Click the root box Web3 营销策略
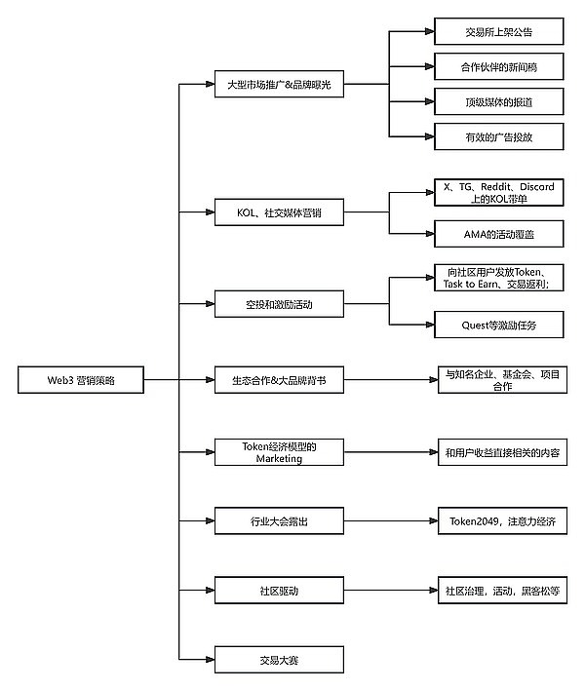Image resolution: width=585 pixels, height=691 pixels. (x=81, y=380)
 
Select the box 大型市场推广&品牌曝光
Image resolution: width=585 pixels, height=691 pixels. (x=279, y=85)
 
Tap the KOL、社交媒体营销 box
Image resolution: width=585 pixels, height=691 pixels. (x=279, y=212)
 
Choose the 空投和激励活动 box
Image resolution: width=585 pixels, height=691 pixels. (x=279, y=304)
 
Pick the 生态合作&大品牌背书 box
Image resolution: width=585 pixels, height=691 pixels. (x=279, y=380)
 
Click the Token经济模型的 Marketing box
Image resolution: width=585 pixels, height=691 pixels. (x=279, y=451)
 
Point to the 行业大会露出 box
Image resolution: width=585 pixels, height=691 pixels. (x=279, y=521)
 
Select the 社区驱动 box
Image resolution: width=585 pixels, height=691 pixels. (x=279, y=590)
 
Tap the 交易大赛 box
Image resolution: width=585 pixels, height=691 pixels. (x=279, y=660)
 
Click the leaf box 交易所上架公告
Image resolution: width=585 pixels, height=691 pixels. (x=498, y=33)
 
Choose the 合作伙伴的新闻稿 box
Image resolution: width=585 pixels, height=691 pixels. (x=498, y=68)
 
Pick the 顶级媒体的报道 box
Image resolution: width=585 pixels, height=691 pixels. (x=498, y=102)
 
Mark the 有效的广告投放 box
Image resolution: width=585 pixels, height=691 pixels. (x=498, y=136)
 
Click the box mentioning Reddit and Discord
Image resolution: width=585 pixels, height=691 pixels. (x=498, y=192)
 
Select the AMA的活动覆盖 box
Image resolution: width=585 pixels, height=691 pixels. (x=498, y=234)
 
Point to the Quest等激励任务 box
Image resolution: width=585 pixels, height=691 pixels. (x=498, y=325)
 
